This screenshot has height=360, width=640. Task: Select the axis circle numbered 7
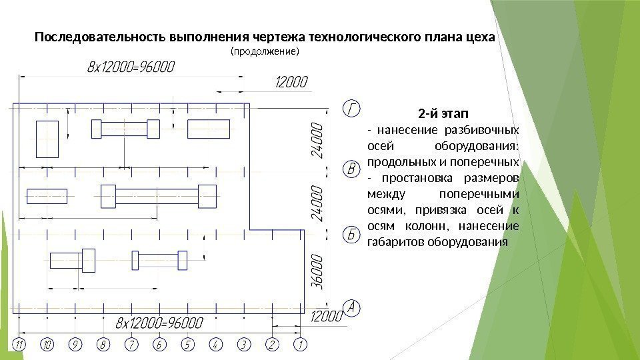pos(131,345)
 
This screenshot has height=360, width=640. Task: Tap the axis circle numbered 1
pos(300,345)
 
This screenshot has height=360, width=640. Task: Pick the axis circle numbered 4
pos(215,345)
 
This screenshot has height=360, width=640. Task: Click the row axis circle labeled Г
pos(352,107)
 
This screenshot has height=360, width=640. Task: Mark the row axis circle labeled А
pos(352,307)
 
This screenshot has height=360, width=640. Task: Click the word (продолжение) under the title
pos(265,51)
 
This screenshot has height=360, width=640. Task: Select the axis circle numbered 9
pos(75,345)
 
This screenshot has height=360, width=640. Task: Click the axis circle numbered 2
pos(271,345)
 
